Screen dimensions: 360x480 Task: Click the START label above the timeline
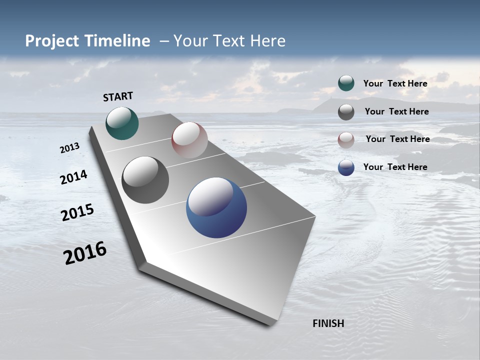[x=118, y=96]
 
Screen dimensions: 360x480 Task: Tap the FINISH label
[x=328, y=323]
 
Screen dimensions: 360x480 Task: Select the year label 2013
[x=69, y=148]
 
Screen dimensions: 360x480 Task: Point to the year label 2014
[x=73, y=177]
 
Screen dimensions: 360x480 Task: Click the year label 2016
[x=85, y=253]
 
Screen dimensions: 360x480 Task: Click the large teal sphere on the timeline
[x=122, y=123]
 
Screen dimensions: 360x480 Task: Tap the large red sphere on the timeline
[x=189, y=140]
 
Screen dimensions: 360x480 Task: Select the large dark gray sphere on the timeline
[x=145, y=180]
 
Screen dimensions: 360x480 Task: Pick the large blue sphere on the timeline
[x=216, y=207]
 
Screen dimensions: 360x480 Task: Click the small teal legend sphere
[x=346, y=83]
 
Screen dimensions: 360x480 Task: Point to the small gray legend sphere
[x=346, y=112]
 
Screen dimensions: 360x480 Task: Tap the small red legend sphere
[x=346, y=140]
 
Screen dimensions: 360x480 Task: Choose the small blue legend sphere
[x=346, y=168]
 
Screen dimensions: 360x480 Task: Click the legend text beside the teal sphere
[x=395, y=83]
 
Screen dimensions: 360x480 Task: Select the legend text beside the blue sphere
[x=395, y=167]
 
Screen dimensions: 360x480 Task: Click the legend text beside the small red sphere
[x=397, y=139]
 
